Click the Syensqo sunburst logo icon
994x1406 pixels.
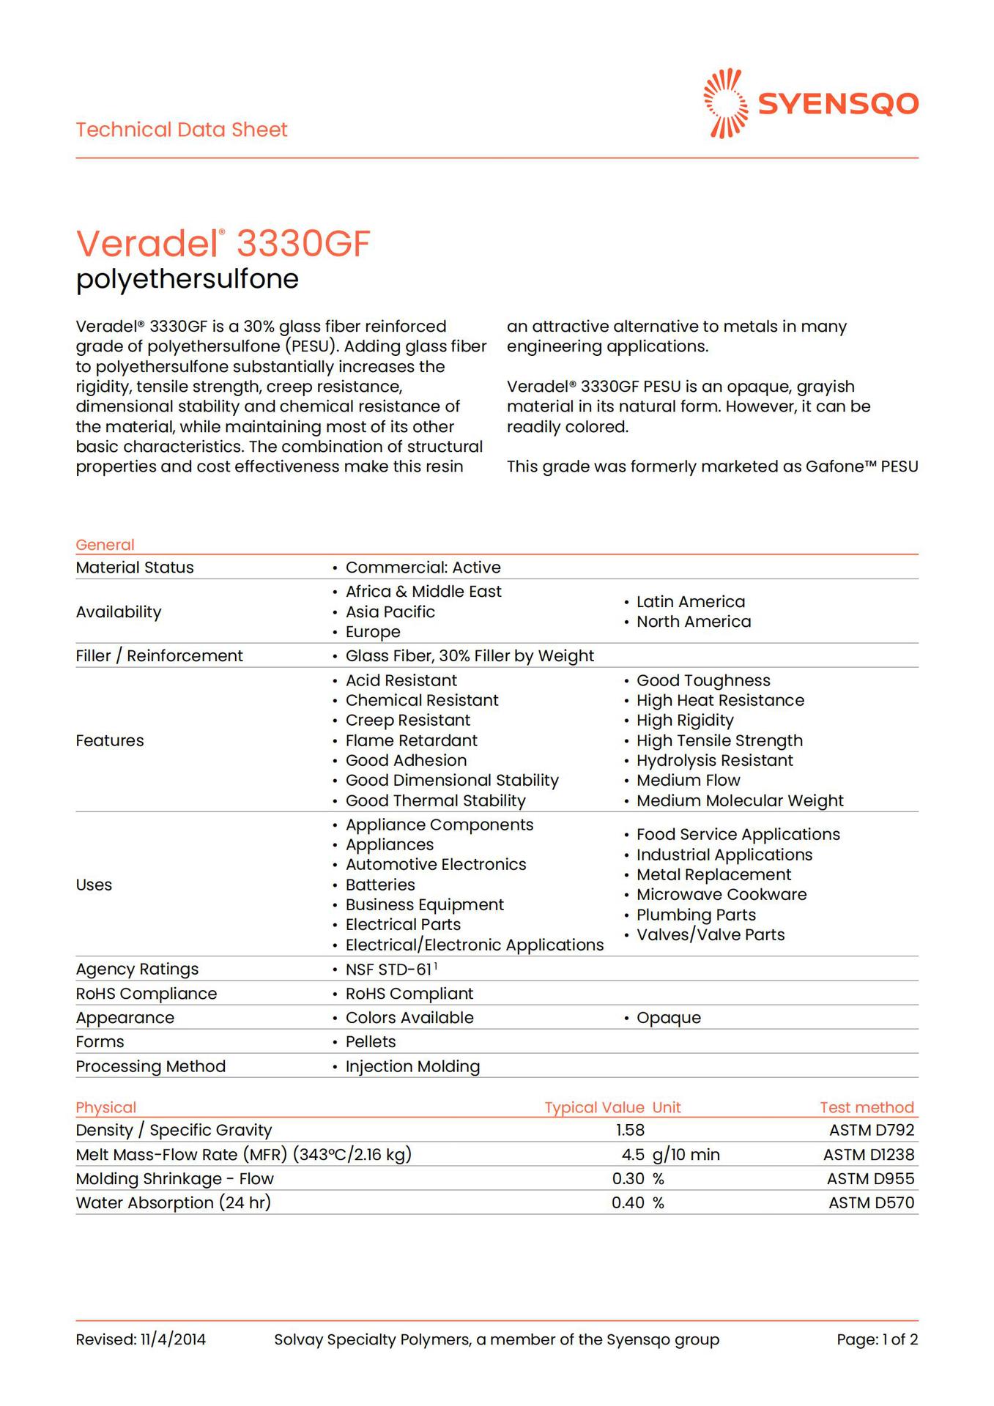tap(725, 103)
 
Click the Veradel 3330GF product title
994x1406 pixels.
tap(223, 243)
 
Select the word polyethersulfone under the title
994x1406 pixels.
tap(188, 279)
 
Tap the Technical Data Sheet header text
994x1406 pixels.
tap(182, 130)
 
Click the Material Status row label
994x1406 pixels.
tap(135, 568)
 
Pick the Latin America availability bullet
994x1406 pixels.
tap(690, 602)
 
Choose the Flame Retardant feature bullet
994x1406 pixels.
tap(411, 740)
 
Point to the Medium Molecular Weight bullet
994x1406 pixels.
tap(739, 800)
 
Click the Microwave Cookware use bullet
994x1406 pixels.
tap(721, 894)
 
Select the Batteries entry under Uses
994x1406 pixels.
tap(380, 885)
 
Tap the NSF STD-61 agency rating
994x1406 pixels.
tap(389, 970)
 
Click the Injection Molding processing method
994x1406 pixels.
tap(412, 1066)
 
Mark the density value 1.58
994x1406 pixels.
tap(630, 1130)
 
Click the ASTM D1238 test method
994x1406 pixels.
tap(868, 1155)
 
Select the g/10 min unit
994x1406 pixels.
tap(686, 1155)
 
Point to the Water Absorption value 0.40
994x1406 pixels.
tap(628, 1202)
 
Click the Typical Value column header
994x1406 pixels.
tap(594, 1107)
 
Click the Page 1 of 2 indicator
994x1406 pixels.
tap(877, 1339)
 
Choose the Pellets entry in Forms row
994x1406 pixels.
tap(371, 1041)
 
